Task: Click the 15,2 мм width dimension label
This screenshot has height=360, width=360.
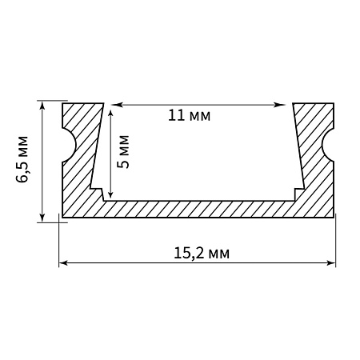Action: point(202,254)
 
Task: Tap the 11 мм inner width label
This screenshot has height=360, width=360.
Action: point(190,116)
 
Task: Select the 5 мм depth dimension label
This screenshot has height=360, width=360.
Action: point(123,152)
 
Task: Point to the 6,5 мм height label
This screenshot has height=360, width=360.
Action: point(22,159)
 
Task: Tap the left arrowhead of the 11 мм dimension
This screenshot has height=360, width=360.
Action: point(116,105)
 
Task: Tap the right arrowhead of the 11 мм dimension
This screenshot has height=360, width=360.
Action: point(281,105)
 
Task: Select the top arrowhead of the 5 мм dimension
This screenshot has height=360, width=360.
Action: point(110,114)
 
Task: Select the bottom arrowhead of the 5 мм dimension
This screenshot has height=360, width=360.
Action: point(110,194)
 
